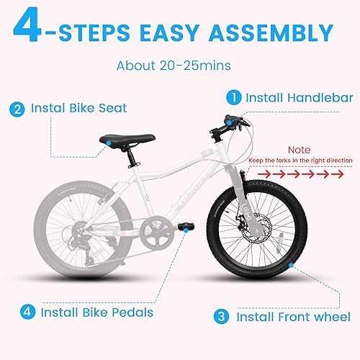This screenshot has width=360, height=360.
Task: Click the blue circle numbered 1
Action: pos(234,96)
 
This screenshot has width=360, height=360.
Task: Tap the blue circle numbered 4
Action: pos(27,312)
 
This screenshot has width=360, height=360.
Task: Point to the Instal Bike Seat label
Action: pos(78,109)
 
